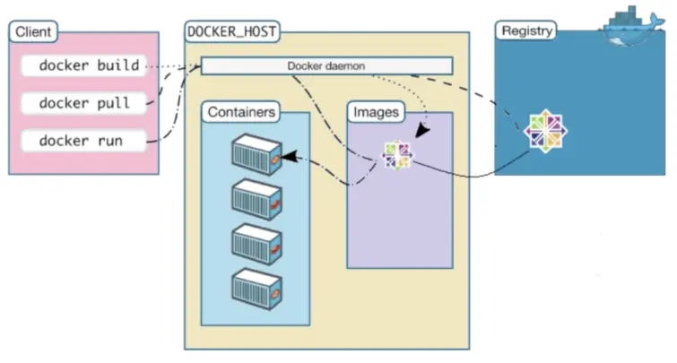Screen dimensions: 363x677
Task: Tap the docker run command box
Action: pyautogui.click(x=82, y=141)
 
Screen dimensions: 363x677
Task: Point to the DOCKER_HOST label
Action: pyautogui.click(x=231, y=32)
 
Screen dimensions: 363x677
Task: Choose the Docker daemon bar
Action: pyautogui.click(x=326, y=65)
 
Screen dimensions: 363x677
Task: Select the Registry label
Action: pyautogui.click(x=526, y=30)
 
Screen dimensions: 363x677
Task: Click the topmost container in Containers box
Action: pyautogui.click(x=255, y=153)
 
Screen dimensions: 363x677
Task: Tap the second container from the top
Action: pyautogui.click(x=255, y=198)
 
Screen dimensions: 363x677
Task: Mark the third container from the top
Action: pyautogui.click(x=255, y=242)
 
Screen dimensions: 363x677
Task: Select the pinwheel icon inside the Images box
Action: pyautogui.click(x=397, y=155)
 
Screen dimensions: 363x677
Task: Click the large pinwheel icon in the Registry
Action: pyautogui.click(x=546, y=132)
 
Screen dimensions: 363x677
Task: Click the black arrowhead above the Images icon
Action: pyautogui.click(x=421, y=129)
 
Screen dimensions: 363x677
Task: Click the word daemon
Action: pyautogui.click(x=345, y=65)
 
